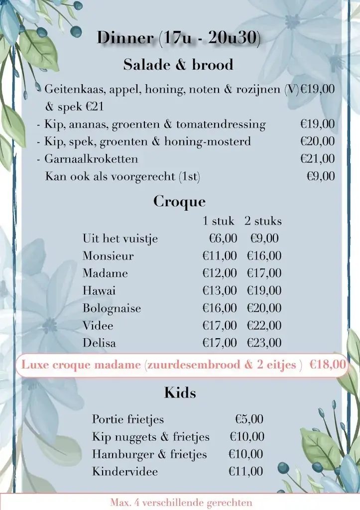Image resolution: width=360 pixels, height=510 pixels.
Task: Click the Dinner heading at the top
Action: pos(178,38)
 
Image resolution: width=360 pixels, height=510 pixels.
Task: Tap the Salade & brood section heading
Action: pos(178,65)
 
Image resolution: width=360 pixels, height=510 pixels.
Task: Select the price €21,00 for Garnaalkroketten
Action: pos(317,159)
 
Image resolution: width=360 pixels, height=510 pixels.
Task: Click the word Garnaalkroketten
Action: pos(91,159)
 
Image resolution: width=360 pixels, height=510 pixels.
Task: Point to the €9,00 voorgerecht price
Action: pos(321,176)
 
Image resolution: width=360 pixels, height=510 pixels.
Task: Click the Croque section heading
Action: pos(179,202)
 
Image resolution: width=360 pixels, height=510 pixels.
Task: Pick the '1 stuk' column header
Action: pos(218,221)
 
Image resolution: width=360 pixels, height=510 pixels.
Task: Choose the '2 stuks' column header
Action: pos(263,221)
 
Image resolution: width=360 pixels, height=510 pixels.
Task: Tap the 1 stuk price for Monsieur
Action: pos(220,256)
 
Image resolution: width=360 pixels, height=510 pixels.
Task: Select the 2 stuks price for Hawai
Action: pos(264,290)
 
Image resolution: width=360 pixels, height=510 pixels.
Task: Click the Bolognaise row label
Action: pos(112,308)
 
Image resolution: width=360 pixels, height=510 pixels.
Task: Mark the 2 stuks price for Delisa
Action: pos(264,343)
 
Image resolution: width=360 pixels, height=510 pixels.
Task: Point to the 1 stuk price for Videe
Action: pos(220,326)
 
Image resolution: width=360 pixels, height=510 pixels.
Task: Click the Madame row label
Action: pos(105,273)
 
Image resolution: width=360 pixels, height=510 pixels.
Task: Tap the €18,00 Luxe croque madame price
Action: pos(328,365)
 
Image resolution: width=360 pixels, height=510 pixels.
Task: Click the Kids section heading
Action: pos(180,393)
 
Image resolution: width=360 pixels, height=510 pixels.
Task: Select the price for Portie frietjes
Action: pos(249,419)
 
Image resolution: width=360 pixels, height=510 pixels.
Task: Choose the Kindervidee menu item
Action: pos(125,471)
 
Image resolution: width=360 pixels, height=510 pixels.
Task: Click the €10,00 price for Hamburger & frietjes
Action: pos(245,454)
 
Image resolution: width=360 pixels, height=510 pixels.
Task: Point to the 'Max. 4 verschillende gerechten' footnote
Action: pos(181,503)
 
